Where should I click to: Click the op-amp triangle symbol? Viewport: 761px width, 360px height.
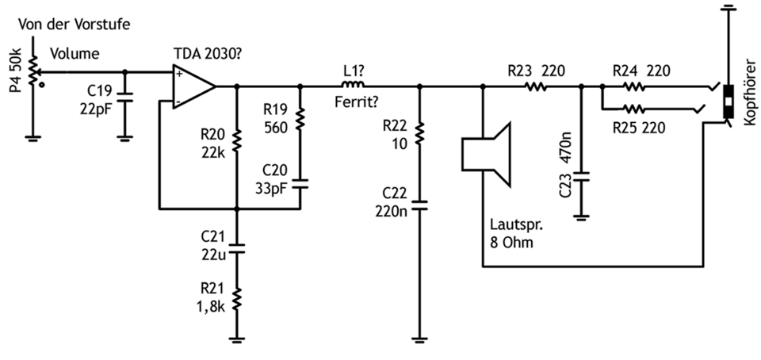coord(193,87)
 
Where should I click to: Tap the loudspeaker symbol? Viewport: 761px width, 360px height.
coord(486,155)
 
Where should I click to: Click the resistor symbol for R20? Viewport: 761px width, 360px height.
coord(237,140)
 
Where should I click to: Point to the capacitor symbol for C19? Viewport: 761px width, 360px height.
coord(124,98)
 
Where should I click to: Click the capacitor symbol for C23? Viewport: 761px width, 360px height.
coord(581,176)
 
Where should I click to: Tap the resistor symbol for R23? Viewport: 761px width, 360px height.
coord(536,87)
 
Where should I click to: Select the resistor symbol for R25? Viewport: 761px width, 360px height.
coord(634,109)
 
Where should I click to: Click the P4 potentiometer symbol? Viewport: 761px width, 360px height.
coord(33,73)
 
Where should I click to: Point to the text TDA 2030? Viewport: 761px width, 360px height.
coord(208,53)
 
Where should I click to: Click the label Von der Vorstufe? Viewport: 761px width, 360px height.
coord(75,25)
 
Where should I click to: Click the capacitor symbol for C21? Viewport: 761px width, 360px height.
coord(237,248)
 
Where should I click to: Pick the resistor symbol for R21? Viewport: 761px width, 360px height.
coord(237,298)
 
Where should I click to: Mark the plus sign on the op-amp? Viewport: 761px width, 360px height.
coord(180,74)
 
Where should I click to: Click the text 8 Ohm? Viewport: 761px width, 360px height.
coord(511,242)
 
